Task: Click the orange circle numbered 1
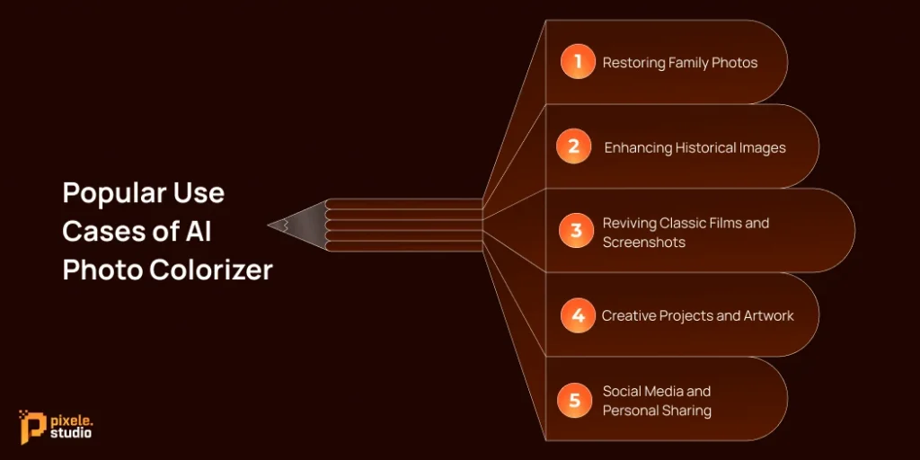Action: [x=578, y=62]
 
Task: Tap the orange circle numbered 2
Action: [x=573, y=146]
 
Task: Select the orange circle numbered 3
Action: [x=576, y=231]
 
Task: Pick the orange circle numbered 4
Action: [x=578, y=315]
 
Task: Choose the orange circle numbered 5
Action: [x=574, y=400]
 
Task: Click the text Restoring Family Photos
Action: [x=679, y=63]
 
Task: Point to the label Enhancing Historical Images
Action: [x=694, y=147]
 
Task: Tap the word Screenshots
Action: [x=643, y=242]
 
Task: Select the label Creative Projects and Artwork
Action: [x=697, y=315]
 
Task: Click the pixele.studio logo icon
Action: [x=32, y=426]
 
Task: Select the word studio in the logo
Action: [x=71, y=434]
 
